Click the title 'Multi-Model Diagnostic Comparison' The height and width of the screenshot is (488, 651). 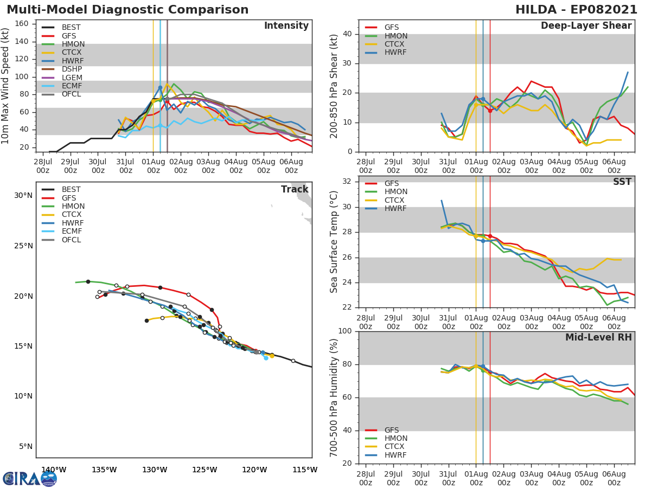click(127, 10)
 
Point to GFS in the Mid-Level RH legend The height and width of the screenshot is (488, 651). click(391, 430)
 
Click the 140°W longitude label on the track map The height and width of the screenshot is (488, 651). click(54, 470)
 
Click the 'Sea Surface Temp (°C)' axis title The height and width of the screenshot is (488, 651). click(334, 242)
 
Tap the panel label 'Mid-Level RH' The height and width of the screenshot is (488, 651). click(598, 338)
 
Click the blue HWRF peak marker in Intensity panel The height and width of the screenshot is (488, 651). click(160, 87)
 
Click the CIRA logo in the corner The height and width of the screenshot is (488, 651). click(29, 478)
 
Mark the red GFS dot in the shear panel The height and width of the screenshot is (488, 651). click(490, 111)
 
